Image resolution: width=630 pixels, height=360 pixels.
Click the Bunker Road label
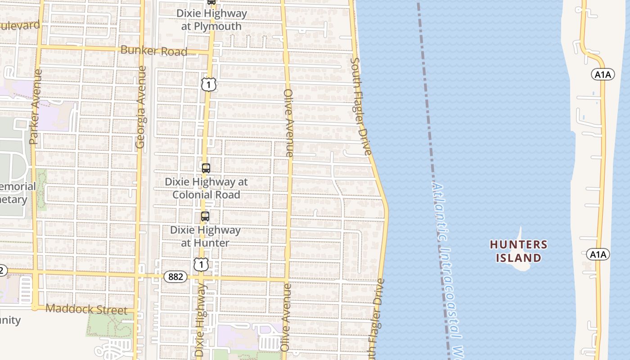coord(154,50)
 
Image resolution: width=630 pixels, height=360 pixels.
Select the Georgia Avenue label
coord(141,107)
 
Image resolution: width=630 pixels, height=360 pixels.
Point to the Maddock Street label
coord(86,310)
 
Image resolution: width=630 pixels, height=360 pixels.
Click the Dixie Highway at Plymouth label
coord(211,20)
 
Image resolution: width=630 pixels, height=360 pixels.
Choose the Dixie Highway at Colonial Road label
coord(206,188)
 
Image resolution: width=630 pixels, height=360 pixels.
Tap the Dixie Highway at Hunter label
coord(205,236)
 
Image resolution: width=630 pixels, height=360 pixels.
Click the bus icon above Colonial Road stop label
coord(206,168)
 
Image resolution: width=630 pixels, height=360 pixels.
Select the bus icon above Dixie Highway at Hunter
coord(205,216)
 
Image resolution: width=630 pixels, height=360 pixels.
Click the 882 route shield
coord(175,277)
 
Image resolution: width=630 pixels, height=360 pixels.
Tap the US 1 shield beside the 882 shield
coord(201,264)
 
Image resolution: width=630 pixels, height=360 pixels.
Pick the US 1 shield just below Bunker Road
coord(208,84)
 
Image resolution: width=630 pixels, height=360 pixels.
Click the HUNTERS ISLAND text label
coord(518,251)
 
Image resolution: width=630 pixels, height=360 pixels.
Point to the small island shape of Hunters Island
coord(520,265)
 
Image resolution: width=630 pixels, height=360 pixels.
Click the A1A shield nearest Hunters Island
coord(598,254)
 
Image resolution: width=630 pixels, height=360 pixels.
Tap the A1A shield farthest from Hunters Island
coord(603,75)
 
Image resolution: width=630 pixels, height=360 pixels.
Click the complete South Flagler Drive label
coord(361,106)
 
